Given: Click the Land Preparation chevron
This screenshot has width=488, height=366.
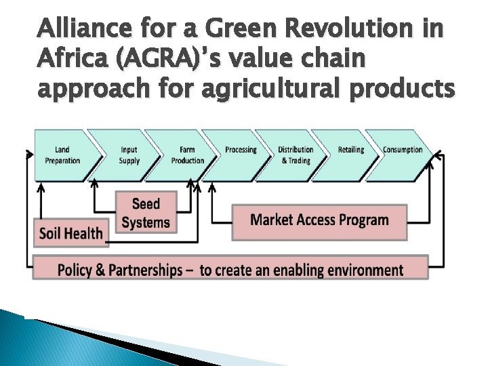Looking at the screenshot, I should coord(62,155).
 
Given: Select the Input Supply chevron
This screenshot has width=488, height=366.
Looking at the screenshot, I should coord(129,155).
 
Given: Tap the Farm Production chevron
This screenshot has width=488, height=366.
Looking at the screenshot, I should coord(187,155).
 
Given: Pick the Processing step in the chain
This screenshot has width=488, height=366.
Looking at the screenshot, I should coord(241,150).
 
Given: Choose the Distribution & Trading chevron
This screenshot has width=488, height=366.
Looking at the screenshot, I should coord(296,155).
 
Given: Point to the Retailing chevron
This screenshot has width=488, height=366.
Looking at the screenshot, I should coord(350,150).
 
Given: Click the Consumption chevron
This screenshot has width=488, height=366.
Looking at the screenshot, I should coord(403,150).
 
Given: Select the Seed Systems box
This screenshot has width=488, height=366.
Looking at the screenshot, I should coord(146,213).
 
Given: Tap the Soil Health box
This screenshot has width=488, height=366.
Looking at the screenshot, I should coord(70,233).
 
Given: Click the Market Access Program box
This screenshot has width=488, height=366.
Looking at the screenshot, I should coord(319,220).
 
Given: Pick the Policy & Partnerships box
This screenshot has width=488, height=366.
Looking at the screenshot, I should coord(230,270).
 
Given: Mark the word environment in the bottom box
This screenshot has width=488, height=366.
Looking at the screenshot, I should coord(365,270).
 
